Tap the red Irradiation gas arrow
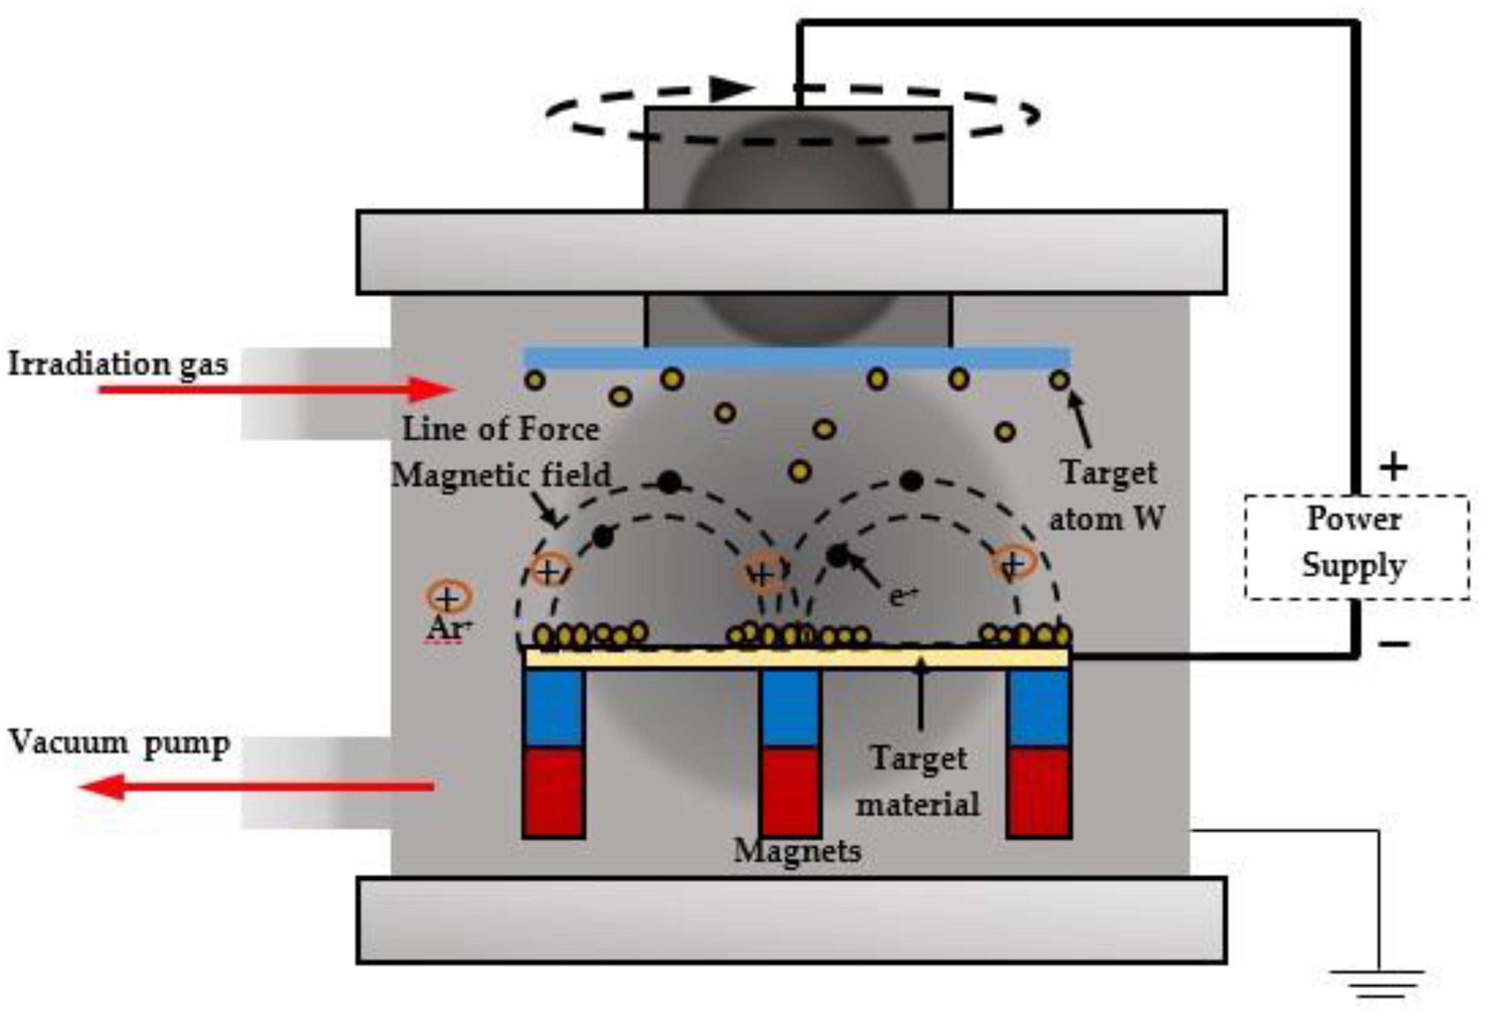[x=275, y=389]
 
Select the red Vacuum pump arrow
[x=256, y=786]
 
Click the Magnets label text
[x=797, y=851]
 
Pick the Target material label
[x=918, y=781]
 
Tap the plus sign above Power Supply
[x=1393, y=466]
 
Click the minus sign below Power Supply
[x=1393, y=643]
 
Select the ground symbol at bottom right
[x=1377, y=982]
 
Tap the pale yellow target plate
[x=797, y=658]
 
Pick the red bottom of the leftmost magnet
[x=553, y=792]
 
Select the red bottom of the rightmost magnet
[x=1039, y=792]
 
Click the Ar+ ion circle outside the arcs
[x=448, y=598]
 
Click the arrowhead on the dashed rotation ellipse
[x=732, y=88]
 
